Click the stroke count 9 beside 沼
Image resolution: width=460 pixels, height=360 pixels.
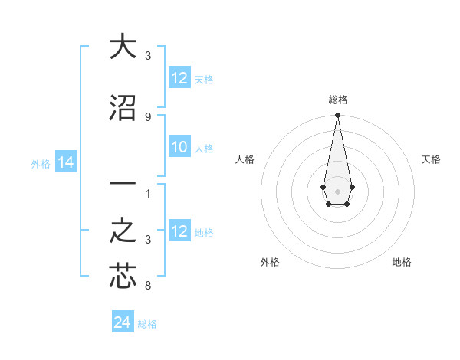[147, 116]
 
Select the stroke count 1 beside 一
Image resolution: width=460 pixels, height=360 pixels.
[147, 194]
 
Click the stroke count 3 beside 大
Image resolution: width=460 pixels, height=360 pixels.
[147, 56]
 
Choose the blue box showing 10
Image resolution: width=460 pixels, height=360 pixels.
[179, 148]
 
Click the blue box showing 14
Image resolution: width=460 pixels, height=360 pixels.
[65, 162]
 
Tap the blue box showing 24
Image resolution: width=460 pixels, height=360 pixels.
[123, 322]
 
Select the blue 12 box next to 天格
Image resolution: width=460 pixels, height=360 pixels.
[179, 78]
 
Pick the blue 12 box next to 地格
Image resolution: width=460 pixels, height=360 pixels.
[179, 231]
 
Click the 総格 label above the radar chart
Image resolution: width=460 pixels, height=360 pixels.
[337, 100]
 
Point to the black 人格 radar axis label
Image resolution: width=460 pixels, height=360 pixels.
[245, 159]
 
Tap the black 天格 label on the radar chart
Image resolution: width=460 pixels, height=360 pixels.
[431, 159]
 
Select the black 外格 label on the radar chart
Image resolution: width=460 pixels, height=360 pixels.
[270, 262]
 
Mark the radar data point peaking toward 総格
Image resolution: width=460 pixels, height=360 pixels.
[337, 116]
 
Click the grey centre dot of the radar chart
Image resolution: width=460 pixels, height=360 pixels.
[337, 190]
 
